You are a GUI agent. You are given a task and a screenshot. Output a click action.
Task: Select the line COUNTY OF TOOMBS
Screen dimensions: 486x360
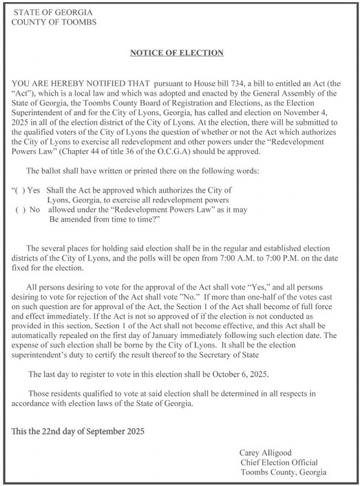point(55,22)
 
